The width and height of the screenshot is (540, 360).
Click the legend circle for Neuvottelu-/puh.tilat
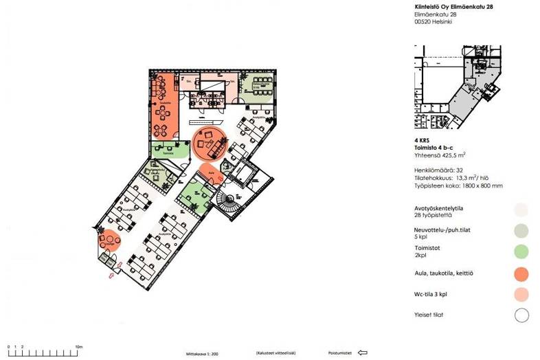pos(522,231)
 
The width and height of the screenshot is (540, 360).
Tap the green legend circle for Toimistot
pos(522,252)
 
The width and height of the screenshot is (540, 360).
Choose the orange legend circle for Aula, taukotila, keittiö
pos(522,273)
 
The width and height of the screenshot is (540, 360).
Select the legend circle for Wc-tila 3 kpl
pos(522,295)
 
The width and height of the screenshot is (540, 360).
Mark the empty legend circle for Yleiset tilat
pos(522,316)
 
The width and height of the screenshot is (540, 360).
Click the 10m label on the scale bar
pos(79,347)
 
